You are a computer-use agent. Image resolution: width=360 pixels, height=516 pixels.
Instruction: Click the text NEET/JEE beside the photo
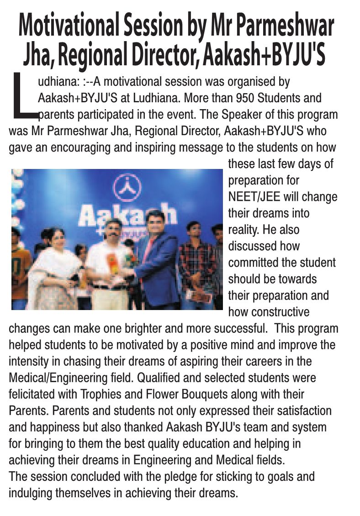click(x=254, y=197)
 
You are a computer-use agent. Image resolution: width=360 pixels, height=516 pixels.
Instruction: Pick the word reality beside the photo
click(x=243, y=230)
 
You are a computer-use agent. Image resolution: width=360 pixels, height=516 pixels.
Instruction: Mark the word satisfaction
click(x=304, y=411)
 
